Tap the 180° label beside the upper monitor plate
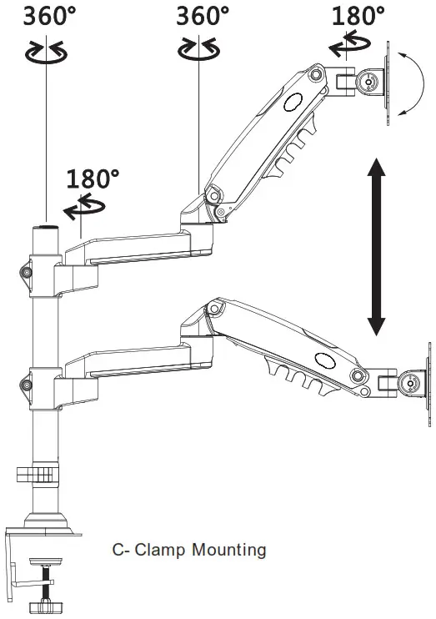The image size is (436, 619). (x=358, y=15)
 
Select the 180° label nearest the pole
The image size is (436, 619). (x=93, y=178)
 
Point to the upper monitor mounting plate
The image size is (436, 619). (x=388, y=82)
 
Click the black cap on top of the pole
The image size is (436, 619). (x=44, y=225)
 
